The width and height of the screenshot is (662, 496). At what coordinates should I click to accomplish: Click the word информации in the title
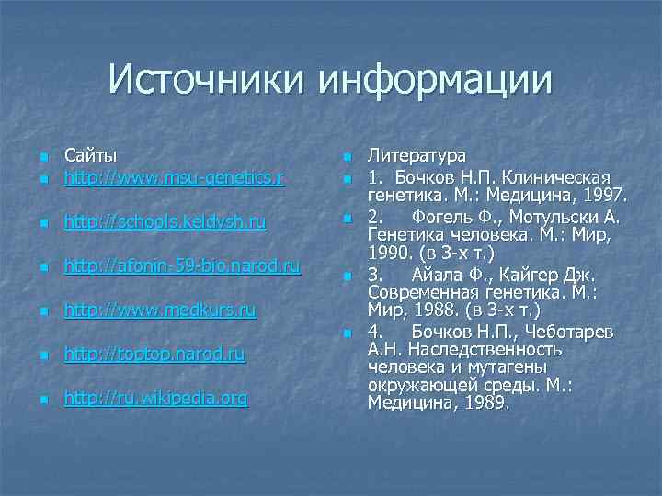(437, 80)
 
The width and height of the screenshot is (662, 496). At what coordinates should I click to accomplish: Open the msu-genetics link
(174, 176)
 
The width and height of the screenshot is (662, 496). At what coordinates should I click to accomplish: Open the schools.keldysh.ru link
(165, 221)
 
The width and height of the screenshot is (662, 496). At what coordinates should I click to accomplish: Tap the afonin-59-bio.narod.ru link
(181, 266)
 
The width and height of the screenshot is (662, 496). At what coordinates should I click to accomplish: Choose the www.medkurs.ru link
(159, 310)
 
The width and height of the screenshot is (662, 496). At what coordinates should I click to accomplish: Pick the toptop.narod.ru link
(154, 355)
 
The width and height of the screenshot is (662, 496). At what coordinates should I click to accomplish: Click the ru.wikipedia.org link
(154, 400)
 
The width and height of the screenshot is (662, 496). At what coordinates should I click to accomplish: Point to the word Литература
(417, 156)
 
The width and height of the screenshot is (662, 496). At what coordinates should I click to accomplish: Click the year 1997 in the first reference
(601, 195)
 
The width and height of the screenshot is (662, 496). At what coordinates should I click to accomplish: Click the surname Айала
(438, 275)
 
